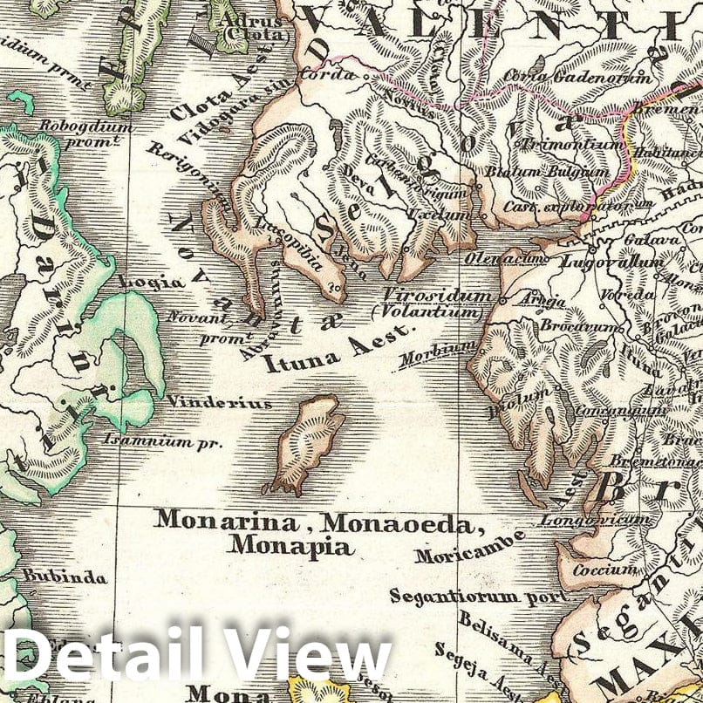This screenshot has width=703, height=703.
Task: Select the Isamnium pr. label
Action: click(163, 441)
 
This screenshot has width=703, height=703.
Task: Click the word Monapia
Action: click(290, 547)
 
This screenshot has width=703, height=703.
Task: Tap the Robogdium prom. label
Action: click(85, 133)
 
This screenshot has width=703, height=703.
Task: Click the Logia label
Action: click(151, 282)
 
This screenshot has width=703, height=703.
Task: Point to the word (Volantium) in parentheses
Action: click(427, 311)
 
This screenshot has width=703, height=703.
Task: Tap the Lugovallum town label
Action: click(602, 260)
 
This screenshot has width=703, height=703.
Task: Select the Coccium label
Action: click(604, 570)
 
